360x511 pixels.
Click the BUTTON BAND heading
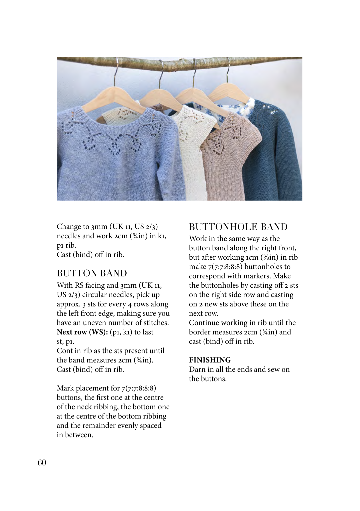pyautogui.click(x=92, y=273)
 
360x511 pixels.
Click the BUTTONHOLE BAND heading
pyautogui.click(x=238, y=227)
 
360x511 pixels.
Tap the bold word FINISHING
pyautogui.click(x=210, y=360)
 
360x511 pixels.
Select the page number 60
pyautogui.click(x=42, y=463)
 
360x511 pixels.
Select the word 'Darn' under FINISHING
pyautogui.click(x=197, y=369)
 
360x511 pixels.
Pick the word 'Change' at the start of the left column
pyautogui.click(x=68, y=227)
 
